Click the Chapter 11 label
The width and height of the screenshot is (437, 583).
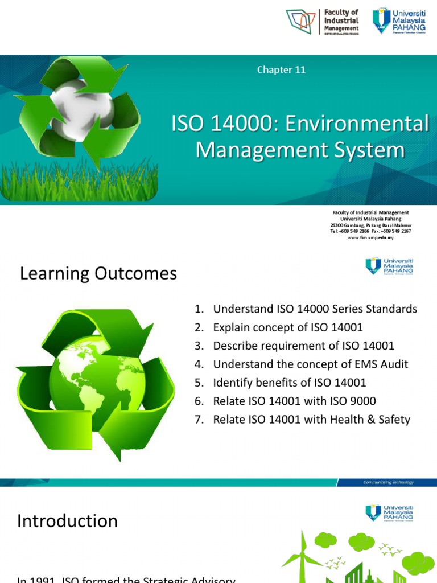[282, 70]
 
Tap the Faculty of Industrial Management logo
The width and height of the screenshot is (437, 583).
[323, 21]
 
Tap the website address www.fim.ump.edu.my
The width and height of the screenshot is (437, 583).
[370, 237]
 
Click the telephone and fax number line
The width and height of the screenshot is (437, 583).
[370, 231]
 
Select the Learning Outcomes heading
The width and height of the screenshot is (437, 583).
[98, 274]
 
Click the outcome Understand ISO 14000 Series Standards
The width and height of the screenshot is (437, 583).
[315, 309]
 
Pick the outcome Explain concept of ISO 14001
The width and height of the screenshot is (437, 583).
[287, 327]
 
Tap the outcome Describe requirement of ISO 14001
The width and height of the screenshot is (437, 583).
[303, 346]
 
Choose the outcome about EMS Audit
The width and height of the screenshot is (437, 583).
[310, 364]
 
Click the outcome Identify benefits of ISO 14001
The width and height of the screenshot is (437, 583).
[289, 383]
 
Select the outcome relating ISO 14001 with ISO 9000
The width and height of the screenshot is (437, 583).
[294, 401]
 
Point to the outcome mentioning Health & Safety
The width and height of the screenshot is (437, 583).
[311, 420]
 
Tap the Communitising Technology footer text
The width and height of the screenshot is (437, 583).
[389, 482]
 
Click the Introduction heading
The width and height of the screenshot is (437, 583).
[67, 521]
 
